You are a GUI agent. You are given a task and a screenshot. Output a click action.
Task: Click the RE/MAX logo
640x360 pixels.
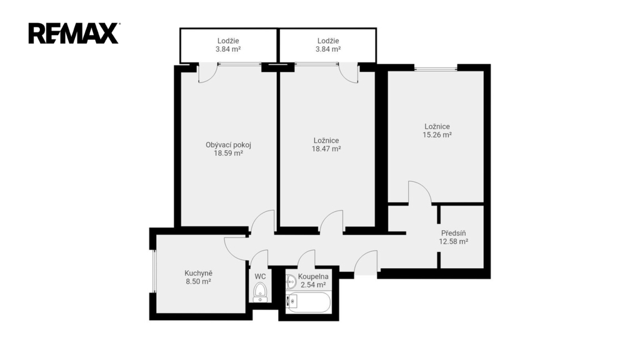click(74, 34)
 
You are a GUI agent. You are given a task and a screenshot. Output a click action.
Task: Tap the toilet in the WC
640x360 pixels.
click(260, 292)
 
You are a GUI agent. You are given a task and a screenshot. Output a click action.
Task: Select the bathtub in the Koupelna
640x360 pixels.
click(307, 302)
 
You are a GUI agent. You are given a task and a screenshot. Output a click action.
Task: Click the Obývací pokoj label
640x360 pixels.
click(228, 145)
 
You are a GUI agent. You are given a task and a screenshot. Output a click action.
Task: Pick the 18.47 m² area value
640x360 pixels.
click(326, 149)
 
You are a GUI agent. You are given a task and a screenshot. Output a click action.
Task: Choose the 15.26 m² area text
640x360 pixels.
click(437, 135)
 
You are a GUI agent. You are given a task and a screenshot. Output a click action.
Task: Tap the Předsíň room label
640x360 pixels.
click(454, 233)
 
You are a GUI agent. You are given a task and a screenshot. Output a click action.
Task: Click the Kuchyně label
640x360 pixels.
click(198, 273)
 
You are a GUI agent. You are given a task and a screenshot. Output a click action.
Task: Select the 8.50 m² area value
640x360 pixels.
click(198, 282)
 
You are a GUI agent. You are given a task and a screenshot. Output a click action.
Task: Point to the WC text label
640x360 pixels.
click(260, 277)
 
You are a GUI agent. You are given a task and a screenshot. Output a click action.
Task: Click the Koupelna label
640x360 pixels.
click(313, 277)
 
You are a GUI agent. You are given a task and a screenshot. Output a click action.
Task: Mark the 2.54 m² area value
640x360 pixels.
click(313, 285)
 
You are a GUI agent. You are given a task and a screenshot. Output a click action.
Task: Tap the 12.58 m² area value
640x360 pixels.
click(454, 242)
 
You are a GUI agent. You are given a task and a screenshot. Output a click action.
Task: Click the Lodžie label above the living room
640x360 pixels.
click(228, 41)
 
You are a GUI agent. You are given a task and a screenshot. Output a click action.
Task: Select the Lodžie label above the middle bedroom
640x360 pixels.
click(328, 41)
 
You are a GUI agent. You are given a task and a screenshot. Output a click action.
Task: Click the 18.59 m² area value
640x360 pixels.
click(228, 154)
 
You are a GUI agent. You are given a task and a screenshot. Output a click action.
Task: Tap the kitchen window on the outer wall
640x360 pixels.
click(154, 271)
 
